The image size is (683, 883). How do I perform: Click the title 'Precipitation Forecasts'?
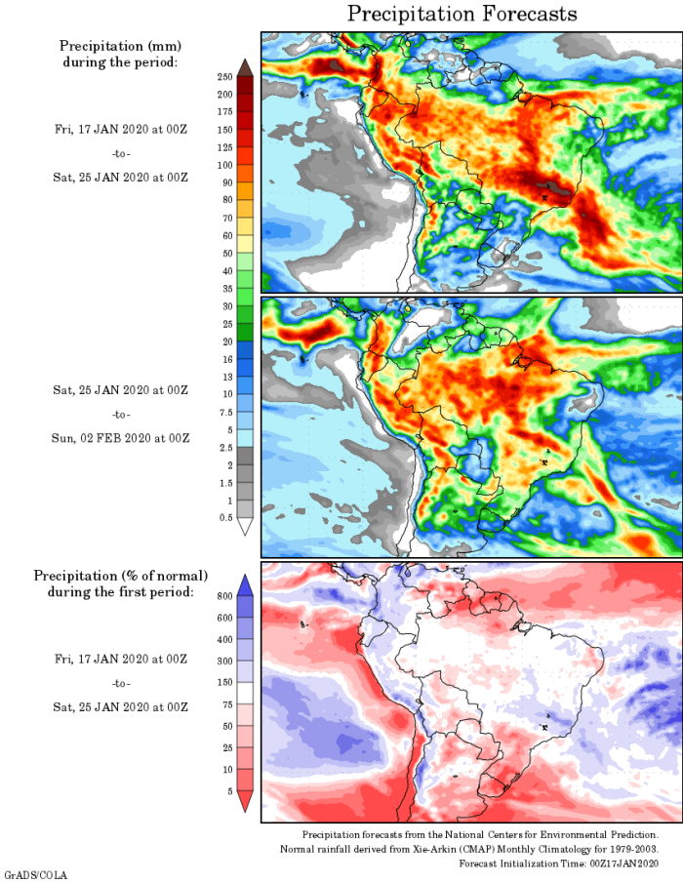462,14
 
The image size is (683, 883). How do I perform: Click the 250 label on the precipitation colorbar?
223,76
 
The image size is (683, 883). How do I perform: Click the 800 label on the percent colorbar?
223,595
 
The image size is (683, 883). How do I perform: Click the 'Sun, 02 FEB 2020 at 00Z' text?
121,438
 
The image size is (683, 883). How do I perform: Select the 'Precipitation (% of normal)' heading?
121,576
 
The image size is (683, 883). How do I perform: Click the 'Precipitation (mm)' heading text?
121,46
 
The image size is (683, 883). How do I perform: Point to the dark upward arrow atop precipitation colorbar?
245,66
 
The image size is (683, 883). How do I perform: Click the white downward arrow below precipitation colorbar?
245,526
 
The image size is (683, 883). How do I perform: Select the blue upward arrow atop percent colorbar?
245,583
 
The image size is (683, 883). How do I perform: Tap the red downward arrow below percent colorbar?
245,801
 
